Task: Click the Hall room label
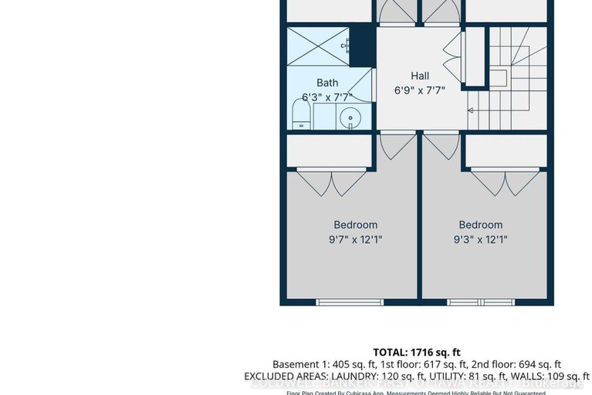click(x=420, y=76)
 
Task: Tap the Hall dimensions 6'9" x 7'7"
click(x=420, y=90)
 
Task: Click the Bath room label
click(x=327, y=83)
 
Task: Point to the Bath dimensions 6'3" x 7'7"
click(x=327, y=97)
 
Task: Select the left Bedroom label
click(x=355, y=225)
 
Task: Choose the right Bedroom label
click(x=480, y=225)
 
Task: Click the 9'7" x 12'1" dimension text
click(x=355, y=240)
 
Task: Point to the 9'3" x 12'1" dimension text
click(x=480, y=240)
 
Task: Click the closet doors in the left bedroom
click(x=331, y=181)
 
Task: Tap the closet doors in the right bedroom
click(x=505, y=181)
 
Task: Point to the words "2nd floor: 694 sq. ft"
click(x=513, y=364)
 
